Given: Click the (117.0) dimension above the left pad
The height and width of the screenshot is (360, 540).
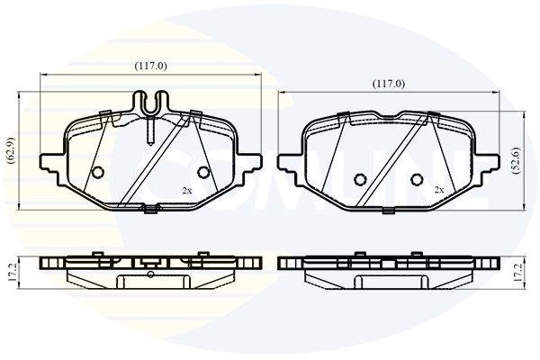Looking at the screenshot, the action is (150, 66).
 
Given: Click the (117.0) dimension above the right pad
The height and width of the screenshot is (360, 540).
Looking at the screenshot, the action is (389, 84).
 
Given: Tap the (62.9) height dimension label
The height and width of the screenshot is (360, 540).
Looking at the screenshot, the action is (11, 150).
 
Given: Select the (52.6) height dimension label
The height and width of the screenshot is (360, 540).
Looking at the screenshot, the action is (517, 160).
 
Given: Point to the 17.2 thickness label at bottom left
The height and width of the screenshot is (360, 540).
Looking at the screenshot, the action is (12, 273).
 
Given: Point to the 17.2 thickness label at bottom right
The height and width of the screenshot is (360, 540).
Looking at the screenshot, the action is (518, 273).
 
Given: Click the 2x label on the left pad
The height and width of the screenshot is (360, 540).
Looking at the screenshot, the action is (187, 191).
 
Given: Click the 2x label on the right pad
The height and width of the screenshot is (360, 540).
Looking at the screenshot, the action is (439, 190).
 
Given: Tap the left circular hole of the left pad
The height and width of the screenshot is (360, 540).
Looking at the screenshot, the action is (98, 171).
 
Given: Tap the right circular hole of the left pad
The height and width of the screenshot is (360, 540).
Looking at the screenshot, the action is (202, 171).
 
